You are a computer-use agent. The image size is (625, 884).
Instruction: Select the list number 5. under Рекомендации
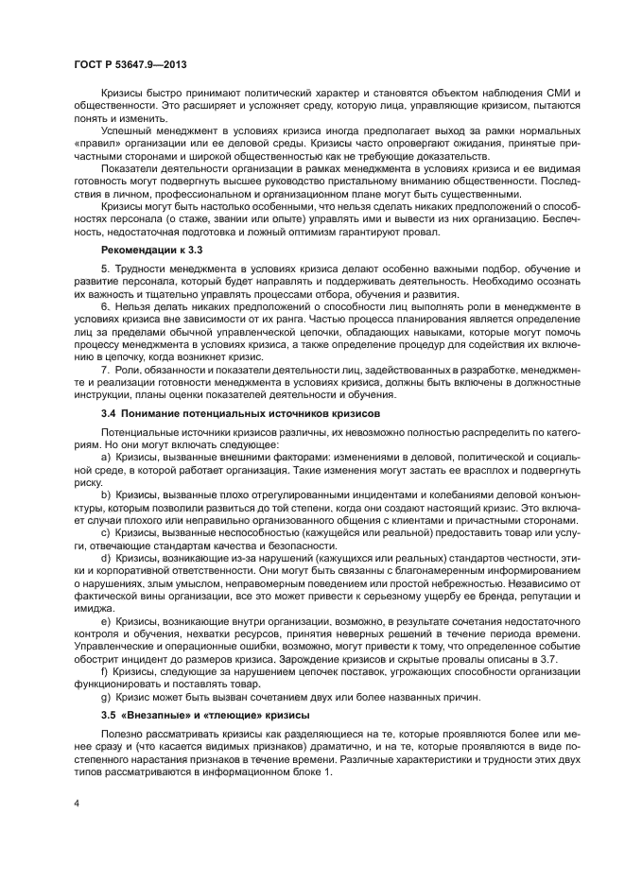click(x=104, y=269)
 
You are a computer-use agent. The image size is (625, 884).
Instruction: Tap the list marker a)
click(x=105, y=457)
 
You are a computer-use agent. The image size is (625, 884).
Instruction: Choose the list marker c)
click(x=105, y=533)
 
